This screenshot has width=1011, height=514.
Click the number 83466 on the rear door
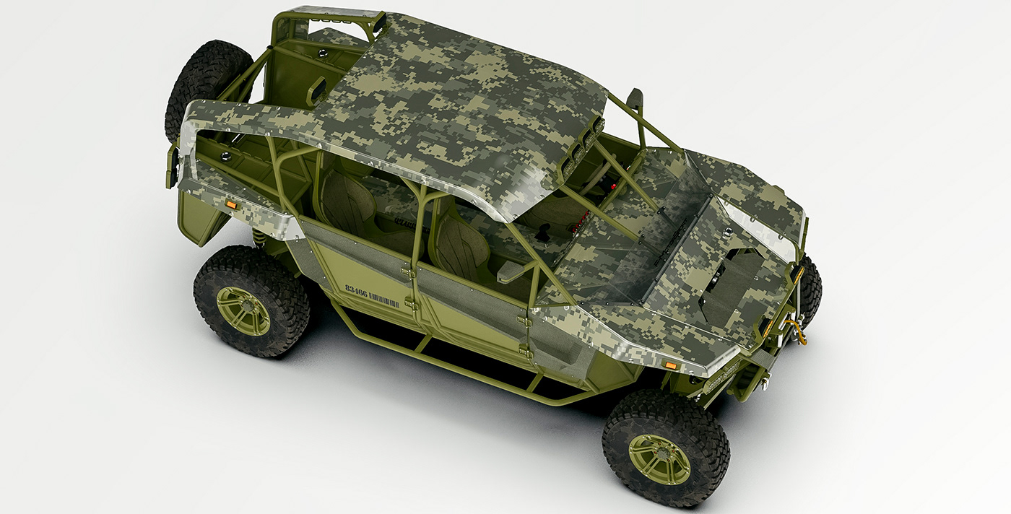pyautogui.click(x=356, y=289)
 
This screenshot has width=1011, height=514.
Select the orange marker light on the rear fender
pyautogui.click(x=231, y=206)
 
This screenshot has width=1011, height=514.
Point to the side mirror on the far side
pyautogui.click(x=635, y=99)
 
